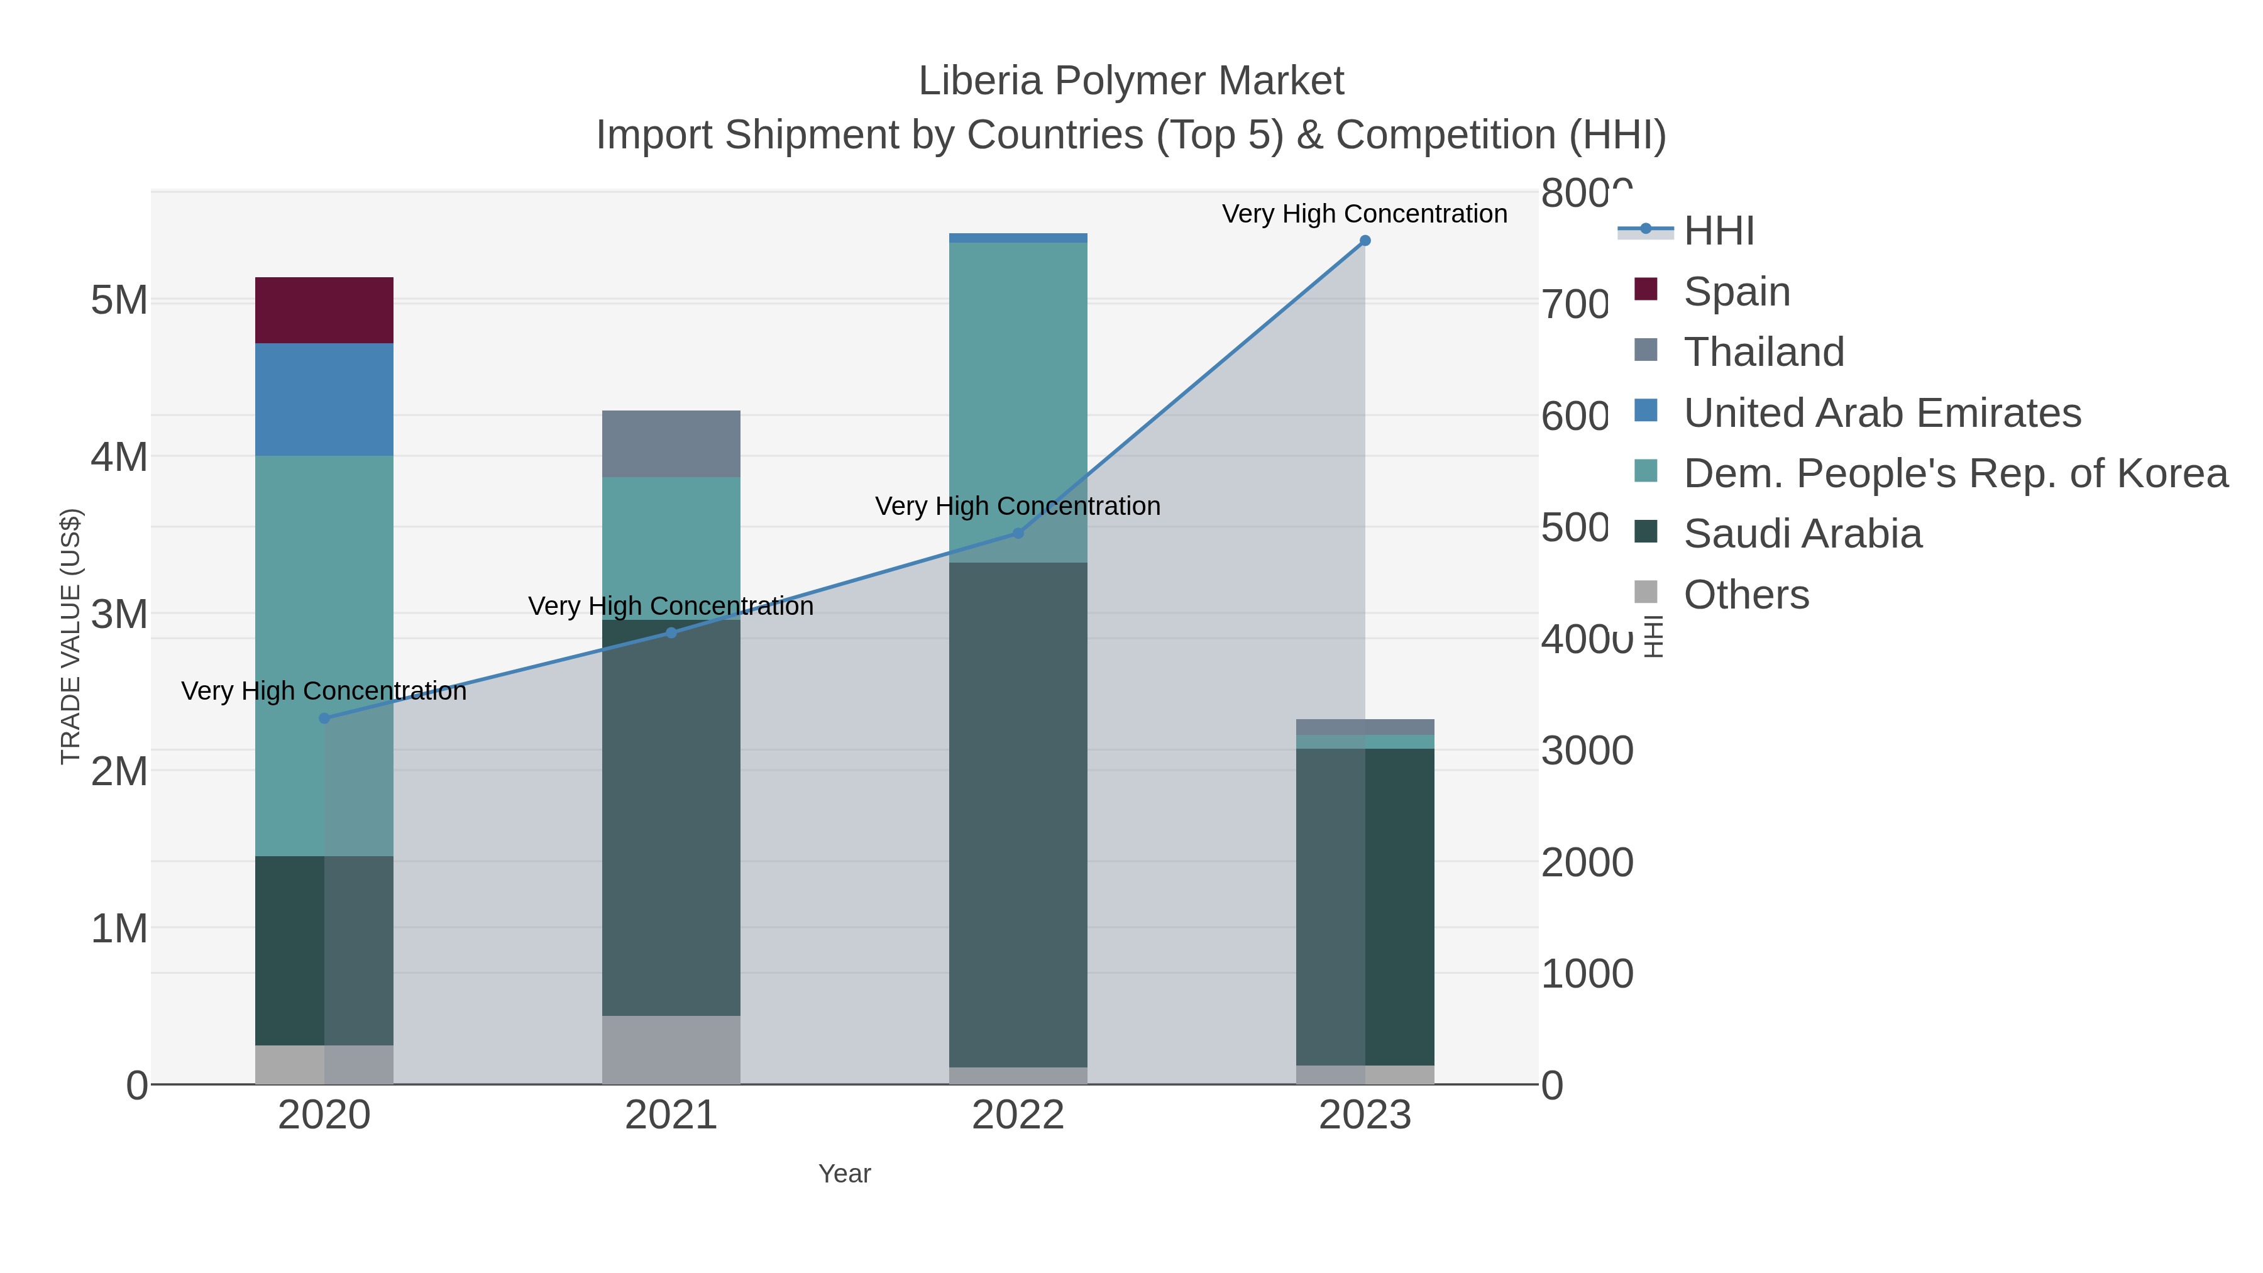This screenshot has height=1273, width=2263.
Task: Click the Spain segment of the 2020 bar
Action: pos(323,310)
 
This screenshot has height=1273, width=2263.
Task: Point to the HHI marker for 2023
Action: pos(1364,241)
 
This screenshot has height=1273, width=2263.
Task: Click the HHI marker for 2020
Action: pos(324,719)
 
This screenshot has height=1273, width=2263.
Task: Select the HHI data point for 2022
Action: pos(1018,533)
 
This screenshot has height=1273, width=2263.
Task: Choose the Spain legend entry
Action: pos(1736,292)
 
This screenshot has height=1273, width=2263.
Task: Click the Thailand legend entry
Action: pos(1763,352)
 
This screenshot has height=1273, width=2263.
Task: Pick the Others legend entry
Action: pos(1746,595)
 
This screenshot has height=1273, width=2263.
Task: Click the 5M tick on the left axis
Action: pos(119,300)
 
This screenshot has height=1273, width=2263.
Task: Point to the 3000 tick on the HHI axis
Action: pos(1587,751)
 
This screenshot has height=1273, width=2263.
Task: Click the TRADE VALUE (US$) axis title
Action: pos(70,636)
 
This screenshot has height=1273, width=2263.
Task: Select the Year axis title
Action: pos(844,1174)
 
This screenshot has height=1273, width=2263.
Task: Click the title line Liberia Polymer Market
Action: pos(1131,81)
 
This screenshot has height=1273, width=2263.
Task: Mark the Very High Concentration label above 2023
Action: pos(1363,214)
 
